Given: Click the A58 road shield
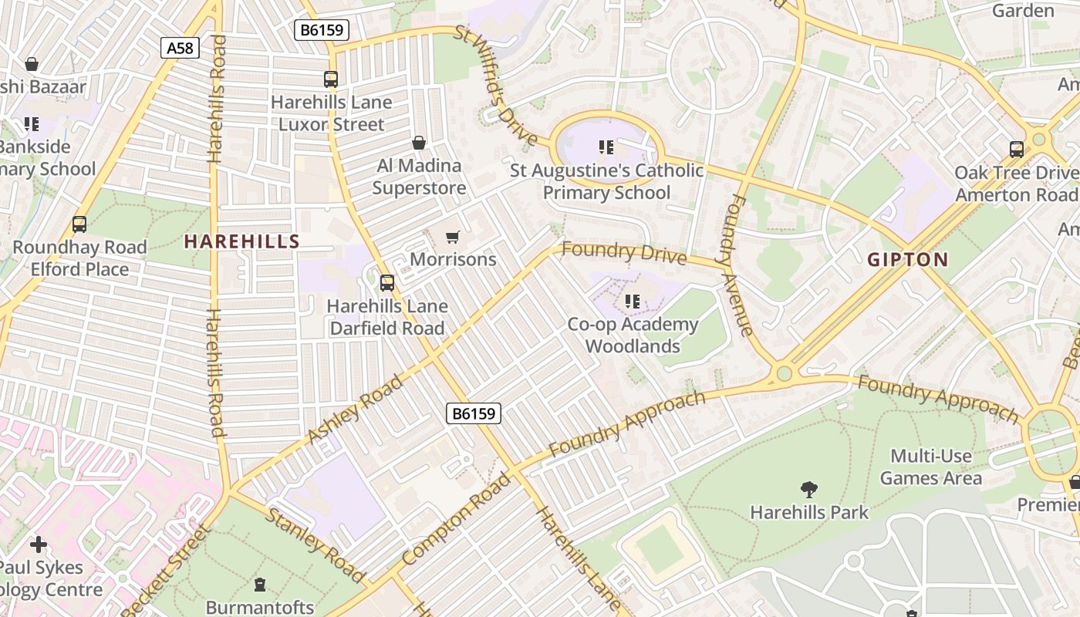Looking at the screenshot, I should pyautogui.click(x=181, y=48).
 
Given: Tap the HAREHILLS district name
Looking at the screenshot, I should pyautogui.click(x=241, y=241).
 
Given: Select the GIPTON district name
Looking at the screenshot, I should pyautogui.click(x=907, y=259).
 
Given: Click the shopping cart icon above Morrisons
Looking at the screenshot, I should pyautogui.click(x=453, y=237).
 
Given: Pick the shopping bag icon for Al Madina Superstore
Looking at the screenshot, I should pyautogui.click(x=419, y=143).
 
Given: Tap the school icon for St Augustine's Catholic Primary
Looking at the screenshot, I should pyautogui.click(x=606, y=147).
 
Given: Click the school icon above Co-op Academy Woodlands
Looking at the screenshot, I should pyautogui.click(x=633, y=302).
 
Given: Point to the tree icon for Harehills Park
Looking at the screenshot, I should pyautogui.click(x=808, y=489).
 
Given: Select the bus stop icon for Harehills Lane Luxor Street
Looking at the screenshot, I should pyautogui.click(x=331, y=79).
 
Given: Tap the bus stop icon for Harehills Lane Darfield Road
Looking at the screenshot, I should pyautogui.click(x=387, y=283).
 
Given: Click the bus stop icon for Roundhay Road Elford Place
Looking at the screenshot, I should pyautogui.click(x=79, y=224).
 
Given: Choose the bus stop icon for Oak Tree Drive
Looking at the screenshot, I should pyautogui.click(x=1017, y=150).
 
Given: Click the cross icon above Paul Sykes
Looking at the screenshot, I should pyautogui.click(x=39, y=545).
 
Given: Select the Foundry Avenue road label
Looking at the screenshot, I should pyautogui.click(x=738, y=266).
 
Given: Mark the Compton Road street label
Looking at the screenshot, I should pyautogui.click(x=456, y=518).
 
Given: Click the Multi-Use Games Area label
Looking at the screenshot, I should pyautogui.click(x=931, y=467).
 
